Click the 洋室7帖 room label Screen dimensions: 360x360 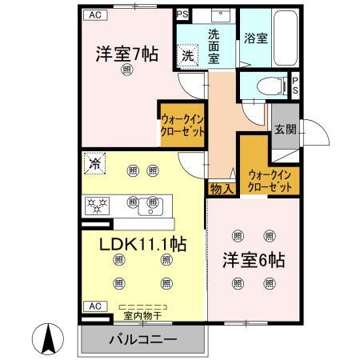click(x=127, y=55)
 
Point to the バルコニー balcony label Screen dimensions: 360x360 click(x=143, y=339)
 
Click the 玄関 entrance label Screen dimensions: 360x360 click(x=284, y=129)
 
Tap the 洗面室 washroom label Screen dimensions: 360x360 click(x=218, y=40)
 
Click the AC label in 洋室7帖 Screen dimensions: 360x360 click(x=94, y=14)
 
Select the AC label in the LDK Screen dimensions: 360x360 click(x=94, y=306)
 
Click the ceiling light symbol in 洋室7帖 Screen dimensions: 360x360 click(x=127, y=71)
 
